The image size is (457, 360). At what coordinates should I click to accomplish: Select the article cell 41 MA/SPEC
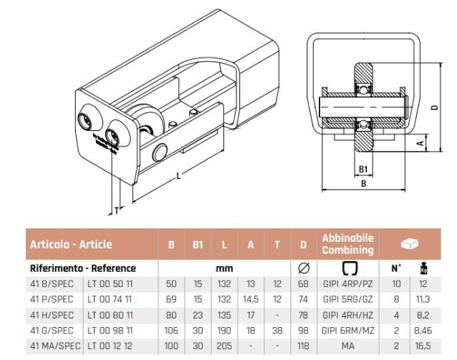click(53, 346)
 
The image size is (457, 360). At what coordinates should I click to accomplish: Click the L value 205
click(224, 346)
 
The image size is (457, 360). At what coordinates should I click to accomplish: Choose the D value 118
click(304, 346)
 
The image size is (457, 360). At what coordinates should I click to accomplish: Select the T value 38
click(276, 330)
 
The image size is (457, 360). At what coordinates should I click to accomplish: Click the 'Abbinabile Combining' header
click(348, 244)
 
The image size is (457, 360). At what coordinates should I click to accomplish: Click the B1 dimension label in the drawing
click(363, 170)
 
